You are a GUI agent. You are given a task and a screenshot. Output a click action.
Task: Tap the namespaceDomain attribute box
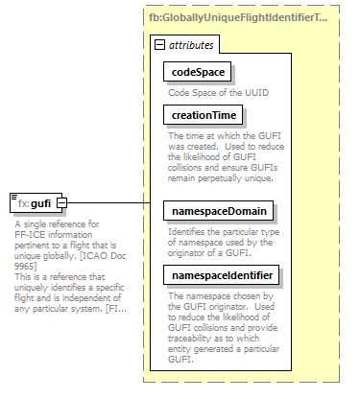[x=218, y=210]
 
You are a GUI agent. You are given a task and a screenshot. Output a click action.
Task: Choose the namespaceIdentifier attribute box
[x=222, y=276]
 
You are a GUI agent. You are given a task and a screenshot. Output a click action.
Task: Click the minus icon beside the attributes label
[x=160, y=45]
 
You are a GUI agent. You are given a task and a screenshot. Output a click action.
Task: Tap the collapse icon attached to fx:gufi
[x=61, y=203]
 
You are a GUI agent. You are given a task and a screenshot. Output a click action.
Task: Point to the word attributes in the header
[x=192, y=45]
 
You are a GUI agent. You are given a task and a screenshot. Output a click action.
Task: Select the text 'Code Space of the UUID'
[x=216, y=92]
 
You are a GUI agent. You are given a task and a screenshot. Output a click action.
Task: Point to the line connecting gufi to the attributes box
[x=106, y=203]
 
